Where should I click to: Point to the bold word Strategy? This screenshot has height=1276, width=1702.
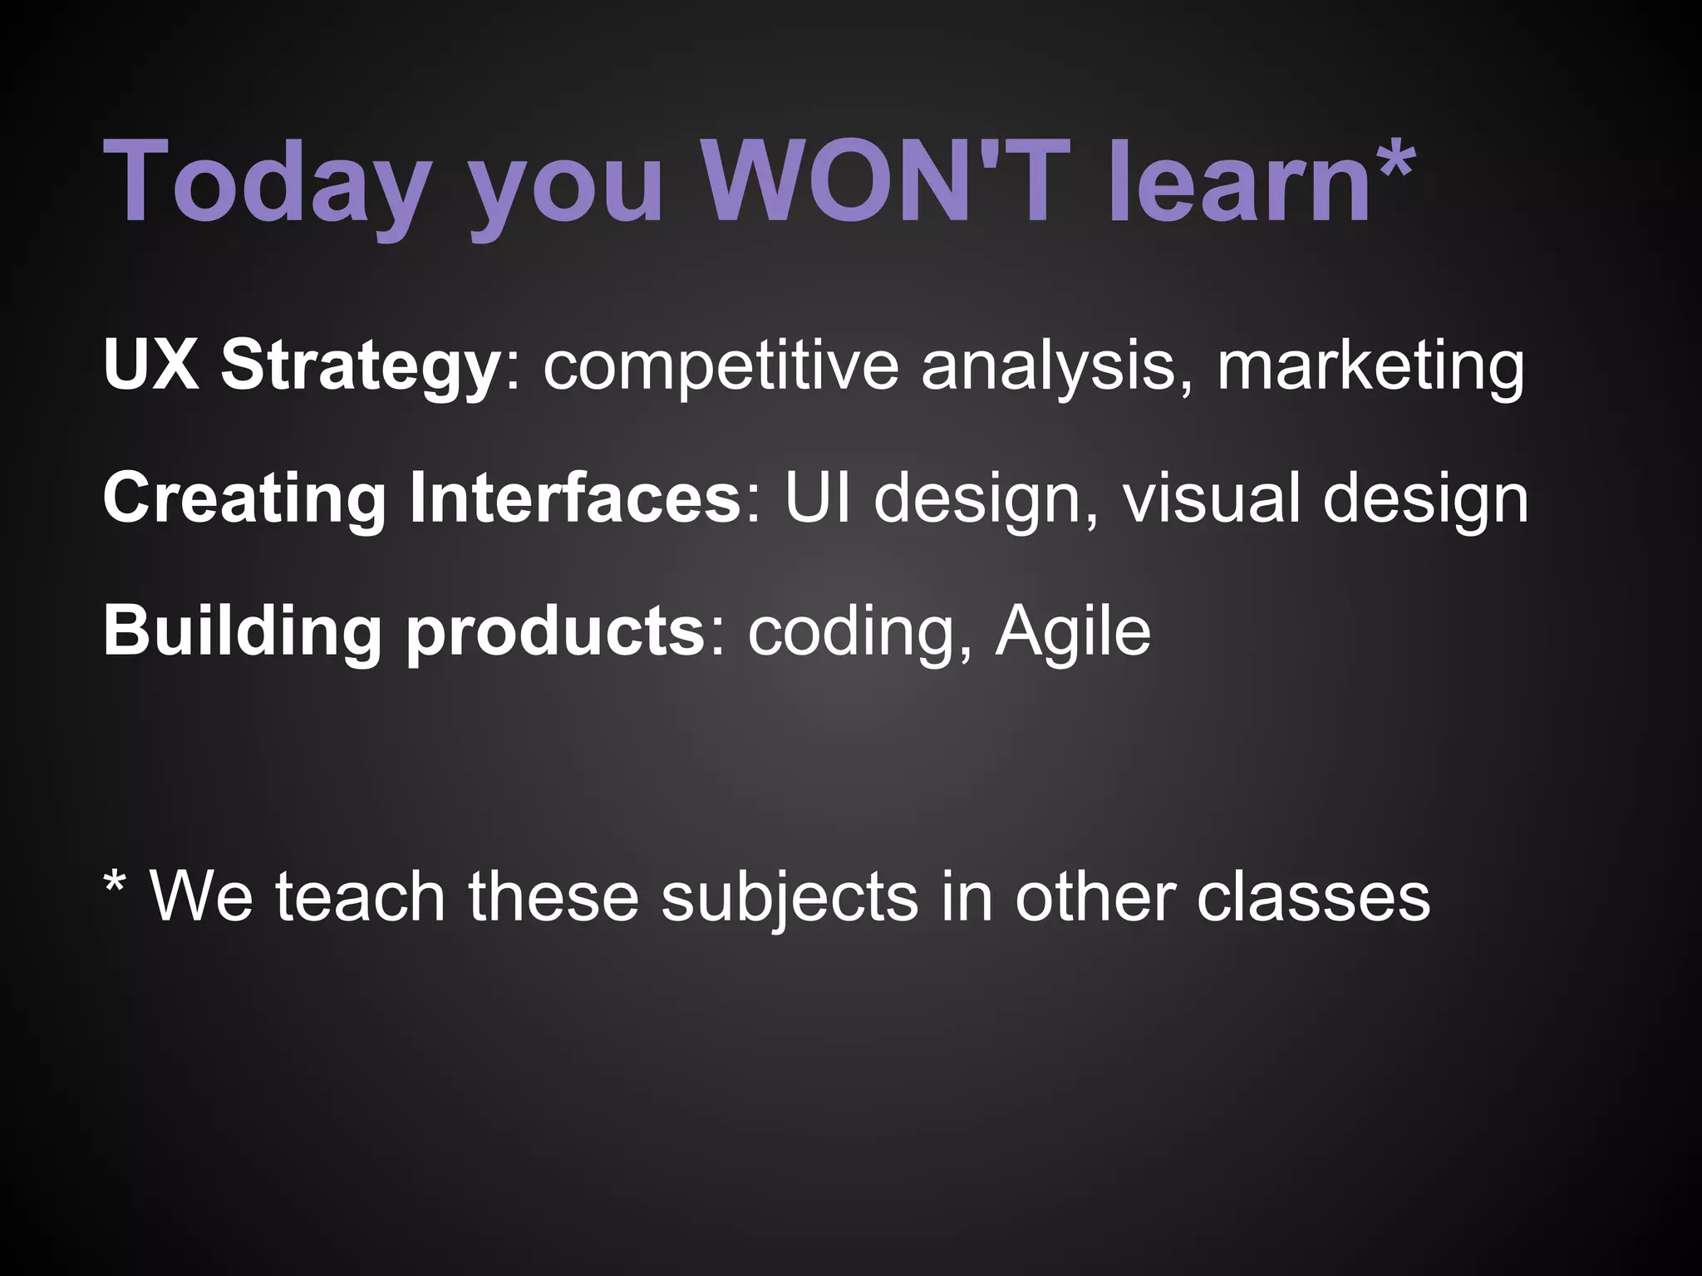[359, 366]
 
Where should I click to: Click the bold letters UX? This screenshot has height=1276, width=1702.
[150, 365]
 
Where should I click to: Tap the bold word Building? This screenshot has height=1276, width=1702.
[242, 631]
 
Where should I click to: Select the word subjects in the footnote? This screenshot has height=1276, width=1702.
[790, 898]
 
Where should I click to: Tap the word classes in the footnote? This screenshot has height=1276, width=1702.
[1313, 897]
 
